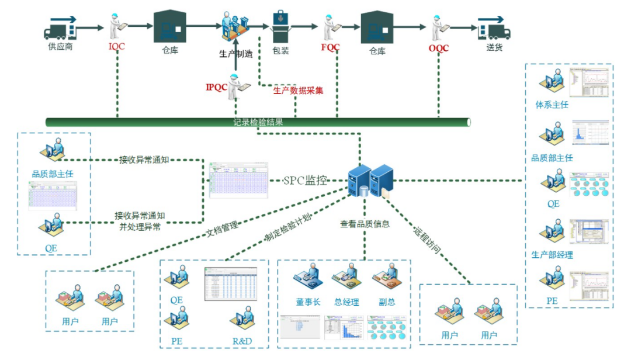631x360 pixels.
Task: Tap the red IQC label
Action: [117, 46]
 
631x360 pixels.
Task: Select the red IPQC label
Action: [216, 88]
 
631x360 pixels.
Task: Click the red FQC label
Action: [330, 47]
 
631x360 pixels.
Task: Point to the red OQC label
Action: [438, 48]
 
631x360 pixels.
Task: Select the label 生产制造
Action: [236, 54]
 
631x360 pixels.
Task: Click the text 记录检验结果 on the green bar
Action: [258, 123]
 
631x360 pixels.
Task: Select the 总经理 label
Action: [346, 302]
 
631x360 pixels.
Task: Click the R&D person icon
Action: [241, 321]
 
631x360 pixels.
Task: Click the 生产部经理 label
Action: [552, 255]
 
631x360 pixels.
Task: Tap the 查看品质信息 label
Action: [365, 224]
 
